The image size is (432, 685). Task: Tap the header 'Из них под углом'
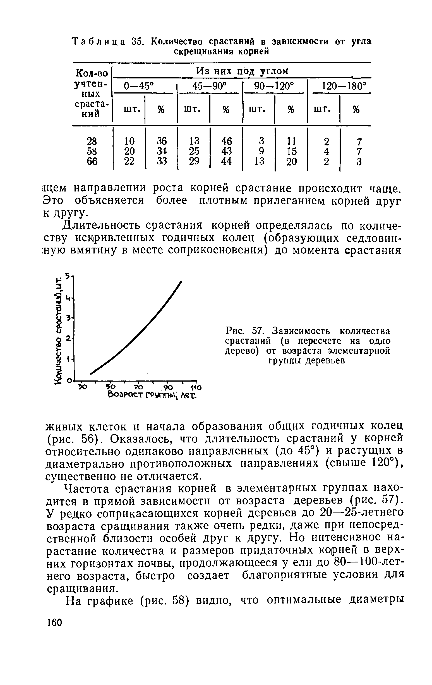tap(242, 71)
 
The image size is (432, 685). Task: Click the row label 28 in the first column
tap(92, 141)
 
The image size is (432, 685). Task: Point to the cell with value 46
tap(226, 141)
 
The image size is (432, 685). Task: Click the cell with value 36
tap(162, 141)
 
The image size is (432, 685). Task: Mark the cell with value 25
tap(194, 151)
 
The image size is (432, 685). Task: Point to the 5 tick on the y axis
tap(68, 275)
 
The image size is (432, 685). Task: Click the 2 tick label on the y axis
tap(68, 338)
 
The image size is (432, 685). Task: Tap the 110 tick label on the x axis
tap(196, 387)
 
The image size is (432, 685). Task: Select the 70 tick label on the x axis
tap(138, 387)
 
